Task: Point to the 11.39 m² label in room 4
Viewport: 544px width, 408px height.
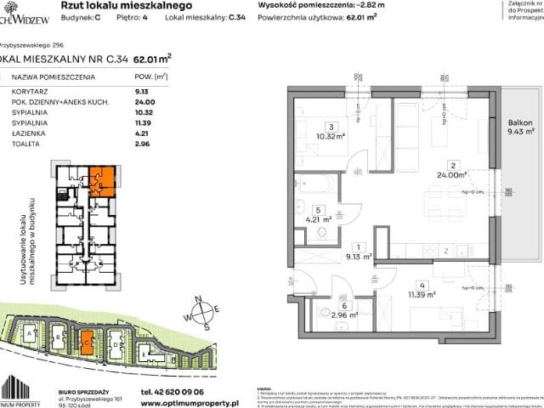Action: [420, 295]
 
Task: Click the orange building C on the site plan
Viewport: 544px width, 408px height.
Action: [88, 343]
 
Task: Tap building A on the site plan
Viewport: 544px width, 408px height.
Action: [31, 335]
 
